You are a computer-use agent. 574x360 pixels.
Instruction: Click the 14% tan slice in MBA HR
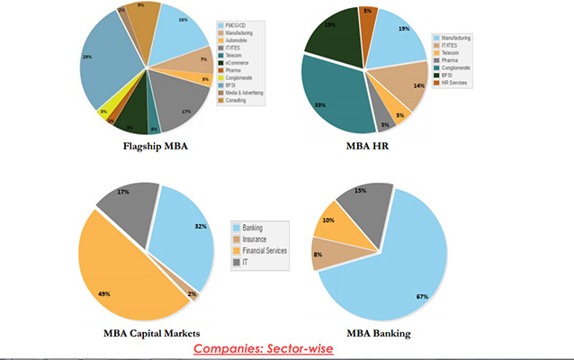coord(408,85)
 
